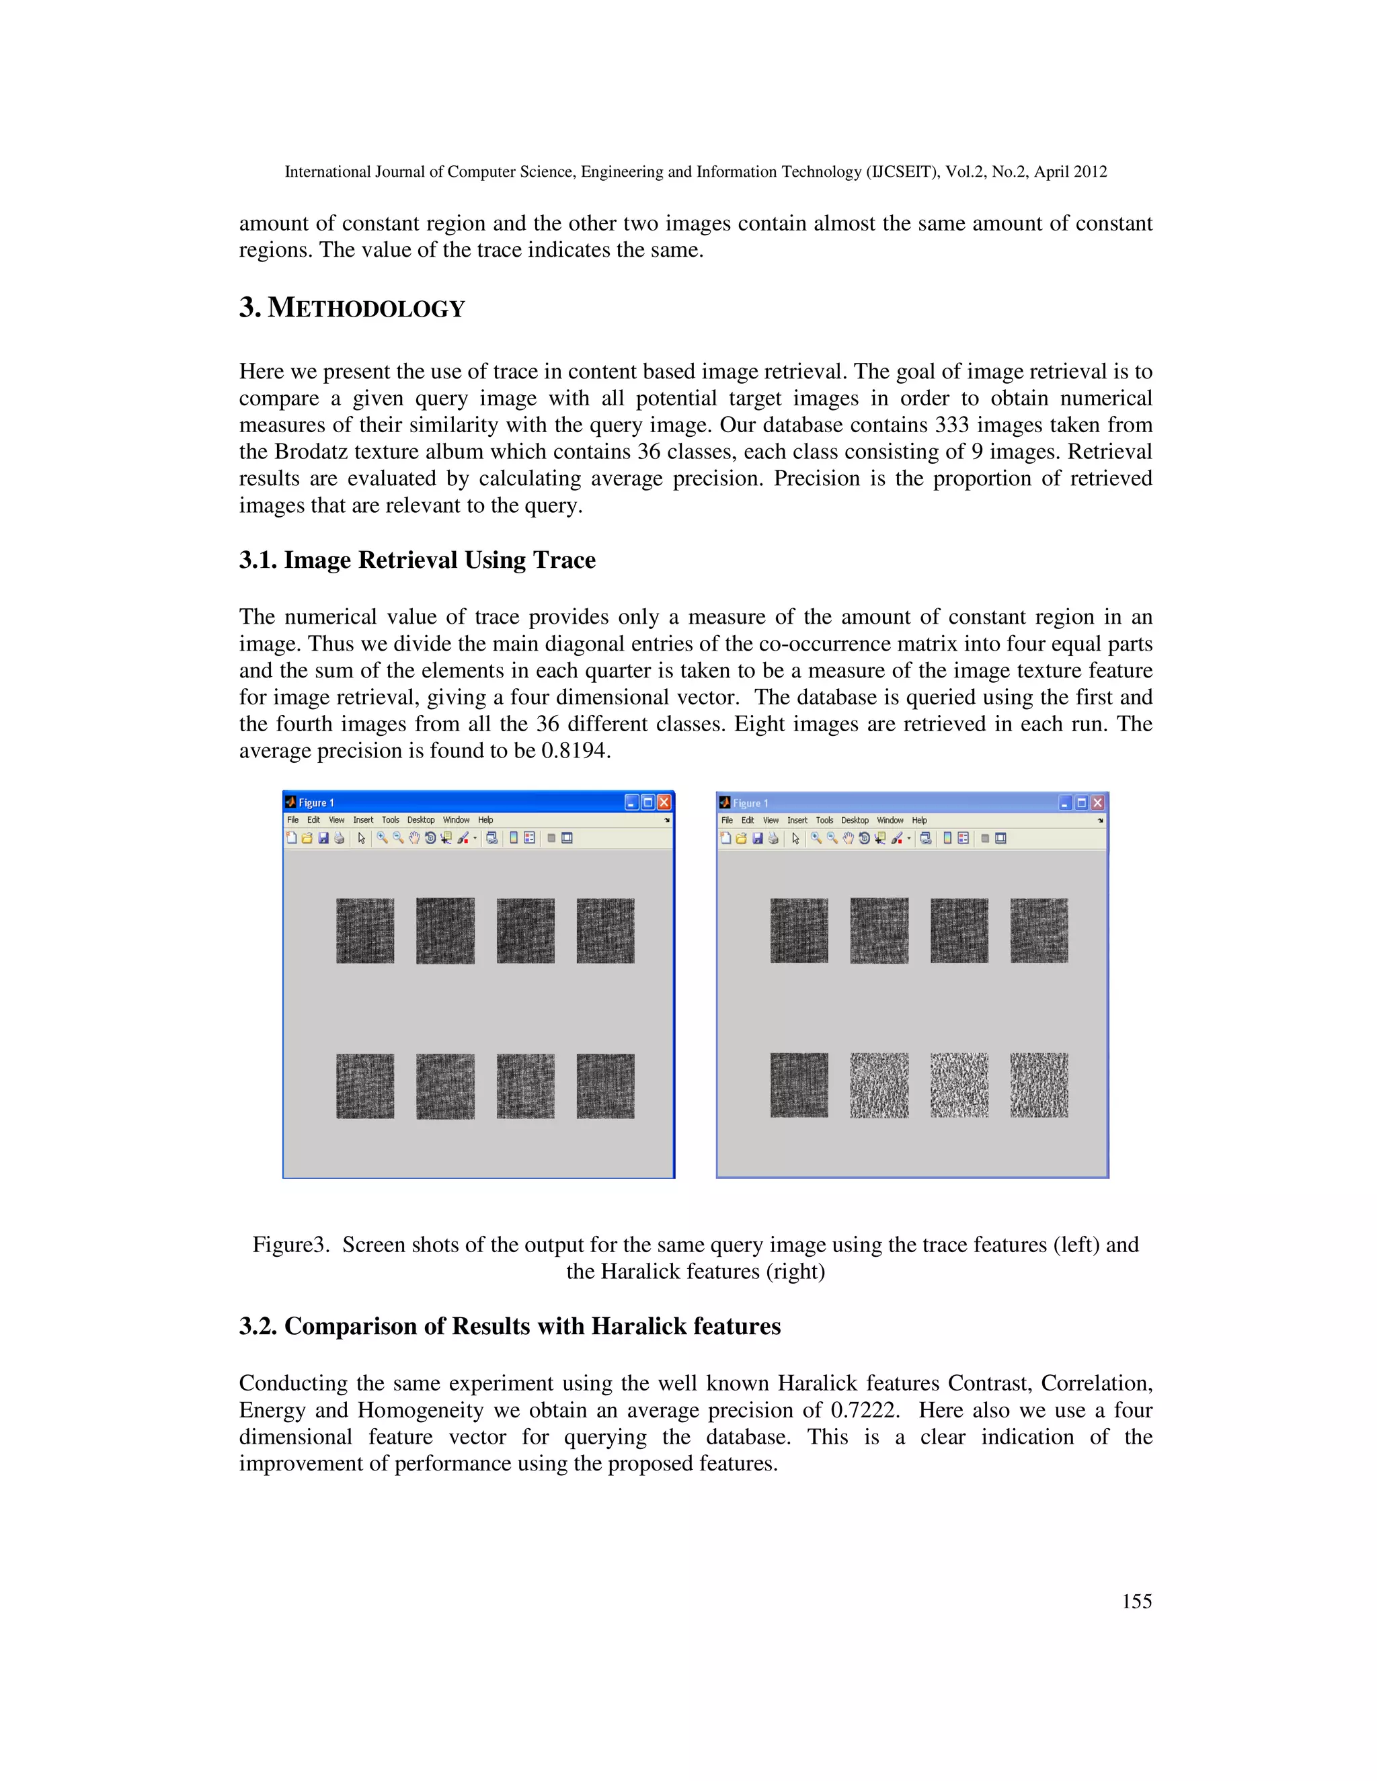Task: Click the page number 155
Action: pyautogui.click(x=1136, y=1602)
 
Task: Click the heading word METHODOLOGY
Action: pyautogui.click(x=366, y=309)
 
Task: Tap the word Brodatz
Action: pyautogui.click(x=311, y=452)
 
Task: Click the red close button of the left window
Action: pyautogui.click(x=664, y=802)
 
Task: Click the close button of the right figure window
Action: pyautogui.click(x=1098, y=803)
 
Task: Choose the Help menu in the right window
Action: pyautogui.click(x=918, y=821)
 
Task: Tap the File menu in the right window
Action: pyautogui.click(x=726, y=821)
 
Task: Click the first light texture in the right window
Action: pyautogui.click(x=879, y=1085)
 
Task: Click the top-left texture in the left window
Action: pyautogui.click(x=364, y=930)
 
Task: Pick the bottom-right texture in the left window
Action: pyautogui.click(x=605, y=1085)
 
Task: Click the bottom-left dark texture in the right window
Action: pyautogui.click(x=799, y=1085)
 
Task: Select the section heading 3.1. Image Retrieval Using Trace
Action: pyautogui.click(x=417, y=561)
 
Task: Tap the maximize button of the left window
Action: pyautogui.click(x=647, y=802)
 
